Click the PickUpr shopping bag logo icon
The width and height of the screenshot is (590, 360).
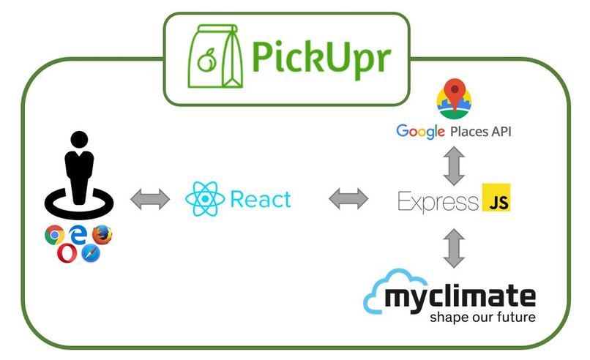pos(209,58)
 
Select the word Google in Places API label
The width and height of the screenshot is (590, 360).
pos(421,132)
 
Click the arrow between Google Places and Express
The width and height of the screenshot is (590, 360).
pos(454,166)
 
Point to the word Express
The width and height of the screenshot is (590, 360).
pos(438,201)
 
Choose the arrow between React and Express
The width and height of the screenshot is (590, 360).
pos(348,199)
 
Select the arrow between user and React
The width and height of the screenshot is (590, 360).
pos(150,199)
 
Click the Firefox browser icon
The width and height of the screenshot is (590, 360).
pos(102,235)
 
